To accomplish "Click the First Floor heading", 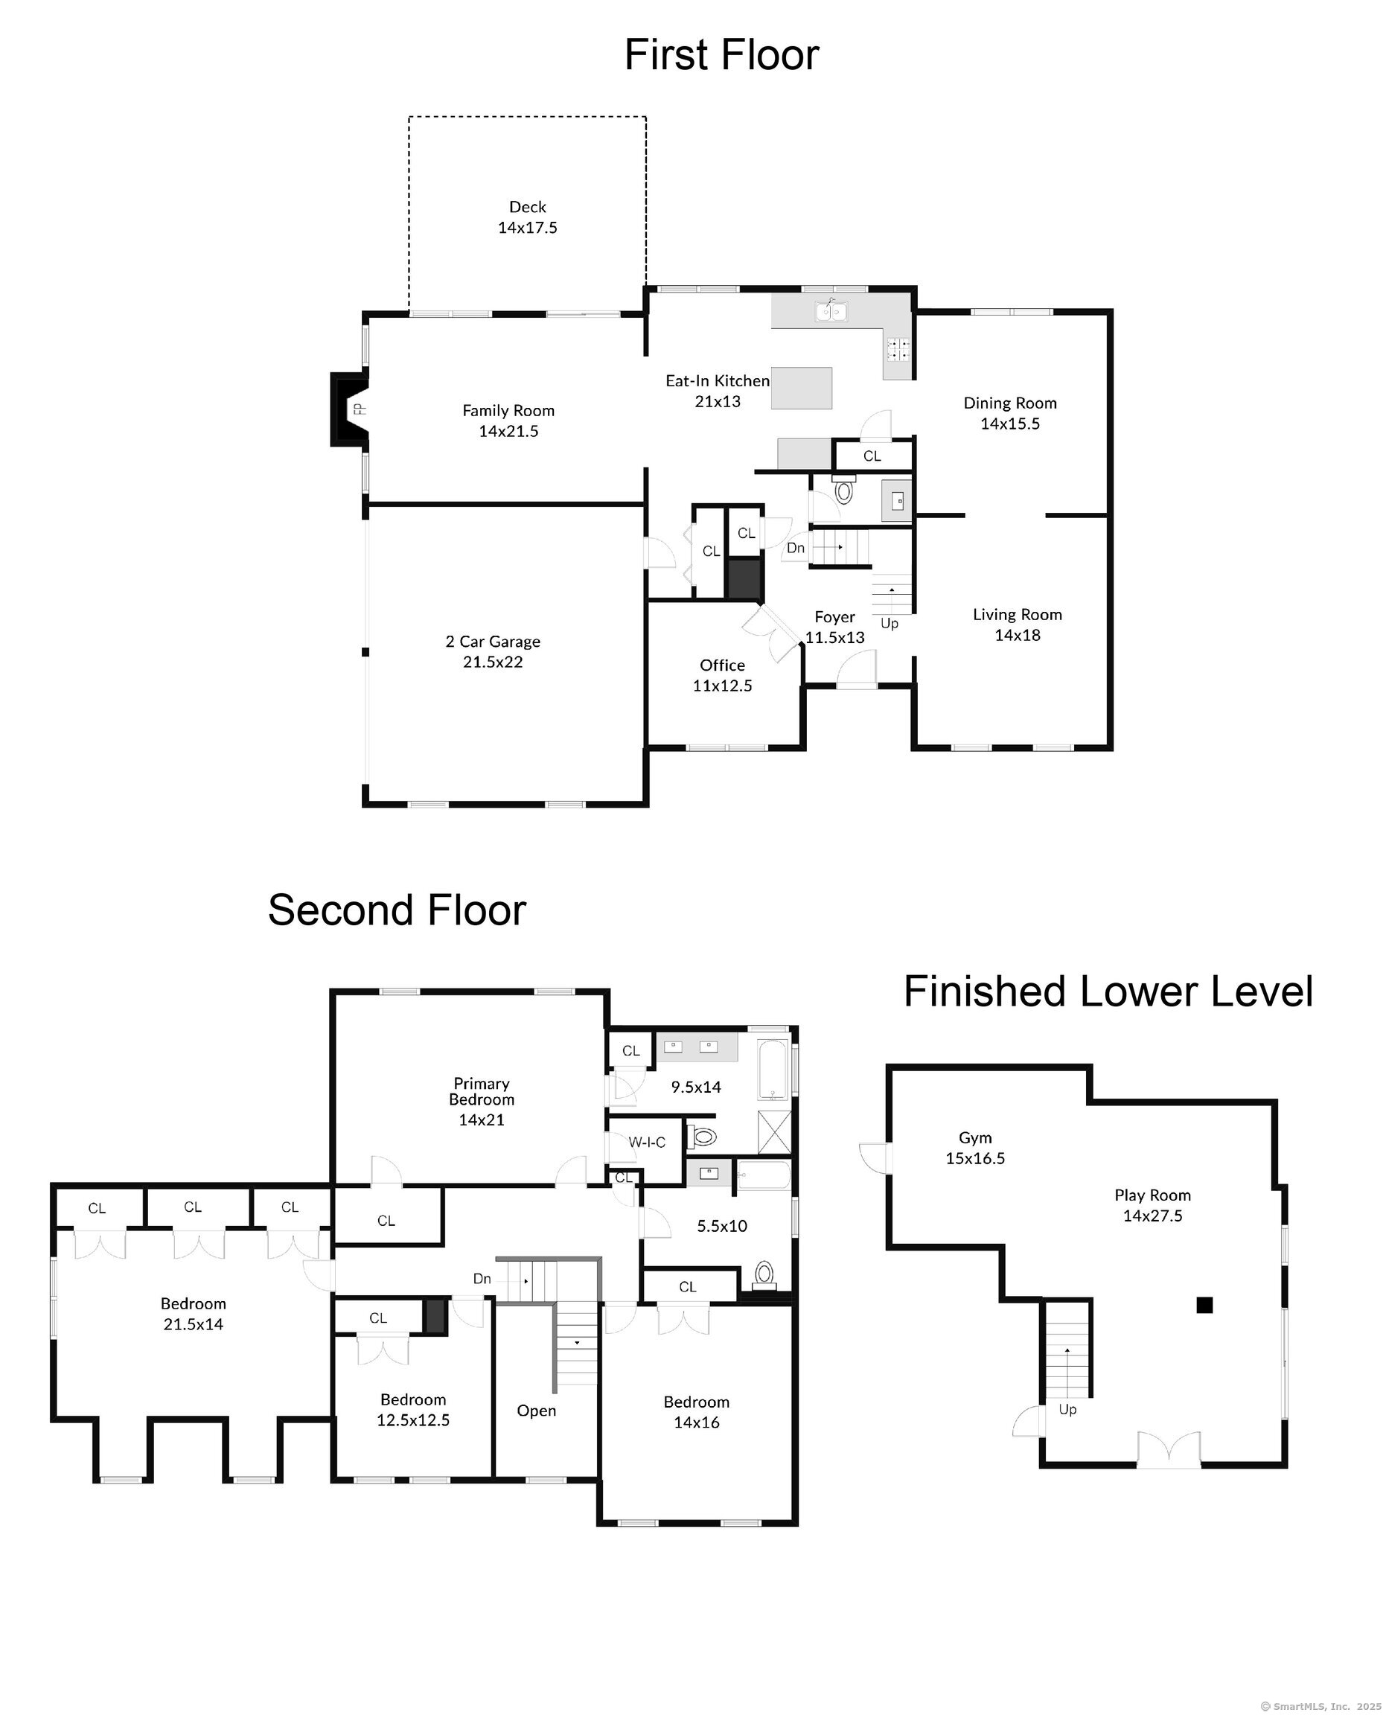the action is coord(721,55).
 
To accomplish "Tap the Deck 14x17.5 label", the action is coord(528,217).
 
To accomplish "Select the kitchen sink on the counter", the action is coord(832,310).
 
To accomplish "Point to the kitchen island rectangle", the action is coord(802,388).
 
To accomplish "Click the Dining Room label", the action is coord(1010,403).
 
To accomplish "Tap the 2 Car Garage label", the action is coord(493,642).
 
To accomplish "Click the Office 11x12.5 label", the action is coord(723,675).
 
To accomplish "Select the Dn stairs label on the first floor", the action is coord(796,548).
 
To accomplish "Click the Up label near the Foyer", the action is coord(890,624).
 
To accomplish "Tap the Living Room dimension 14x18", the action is coord(1017,636).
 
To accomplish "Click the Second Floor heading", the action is coord(397,910).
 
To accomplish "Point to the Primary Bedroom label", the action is coord(482,1091).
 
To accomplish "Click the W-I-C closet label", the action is coord(647,1143).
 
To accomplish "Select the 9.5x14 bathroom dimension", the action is coord(696,1087).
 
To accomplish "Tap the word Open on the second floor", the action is coord(537,1411).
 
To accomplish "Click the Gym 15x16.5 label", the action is coord(976,1148).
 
